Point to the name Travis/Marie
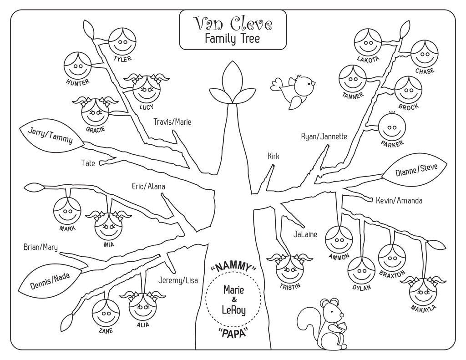coord(172,122)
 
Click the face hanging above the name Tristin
coord(290,269)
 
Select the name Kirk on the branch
coord(274,156)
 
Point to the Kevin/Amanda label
coord(399,200)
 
